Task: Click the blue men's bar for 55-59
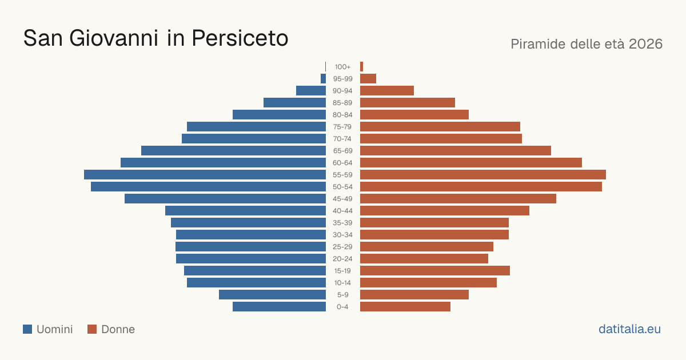point(205,174)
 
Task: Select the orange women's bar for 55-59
point(483,174)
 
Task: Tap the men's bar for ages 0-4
point(280,306)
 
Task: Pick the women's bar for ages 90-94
point(387,91)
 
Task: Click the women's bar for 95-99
point(368,79)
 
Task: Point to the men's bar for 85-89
point(294,102)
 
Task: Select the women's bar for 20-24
point(424,259)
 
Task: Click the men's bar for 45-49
point(225,199)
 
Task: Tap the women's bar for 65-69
point(456,151)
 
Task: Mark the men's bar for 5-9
point(272,294)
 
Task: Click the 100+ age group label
point(342,67)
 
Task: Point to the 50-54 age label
point(342,187)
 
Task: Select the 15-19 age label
point(342,271)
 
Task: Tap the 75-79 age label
point(342,127)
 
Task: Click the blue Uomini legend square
point(27,329)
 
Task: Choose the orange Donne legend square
point(92,329)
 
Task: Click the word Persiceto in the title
point(240,38)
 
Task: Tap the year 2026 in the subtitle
point(645,44)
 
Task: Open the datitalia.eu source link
point(629,329)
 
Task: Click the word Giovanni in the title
point(114,38)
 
